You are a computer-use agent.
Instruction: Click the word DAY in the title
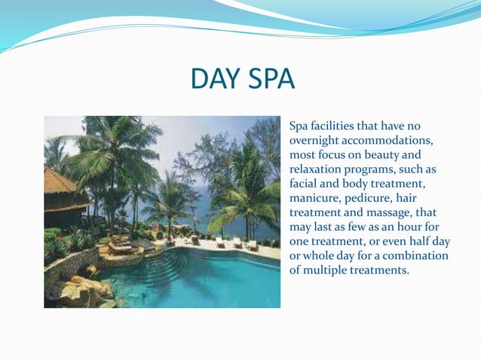tap(214, 80)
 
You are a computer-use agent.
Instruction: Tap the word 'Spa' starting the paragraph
tap(300, 126)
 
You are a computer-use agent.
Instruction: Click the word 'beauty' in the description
tap(381, 154)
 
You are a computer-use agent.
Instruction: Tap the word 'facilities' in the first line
tap(339, 126)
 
